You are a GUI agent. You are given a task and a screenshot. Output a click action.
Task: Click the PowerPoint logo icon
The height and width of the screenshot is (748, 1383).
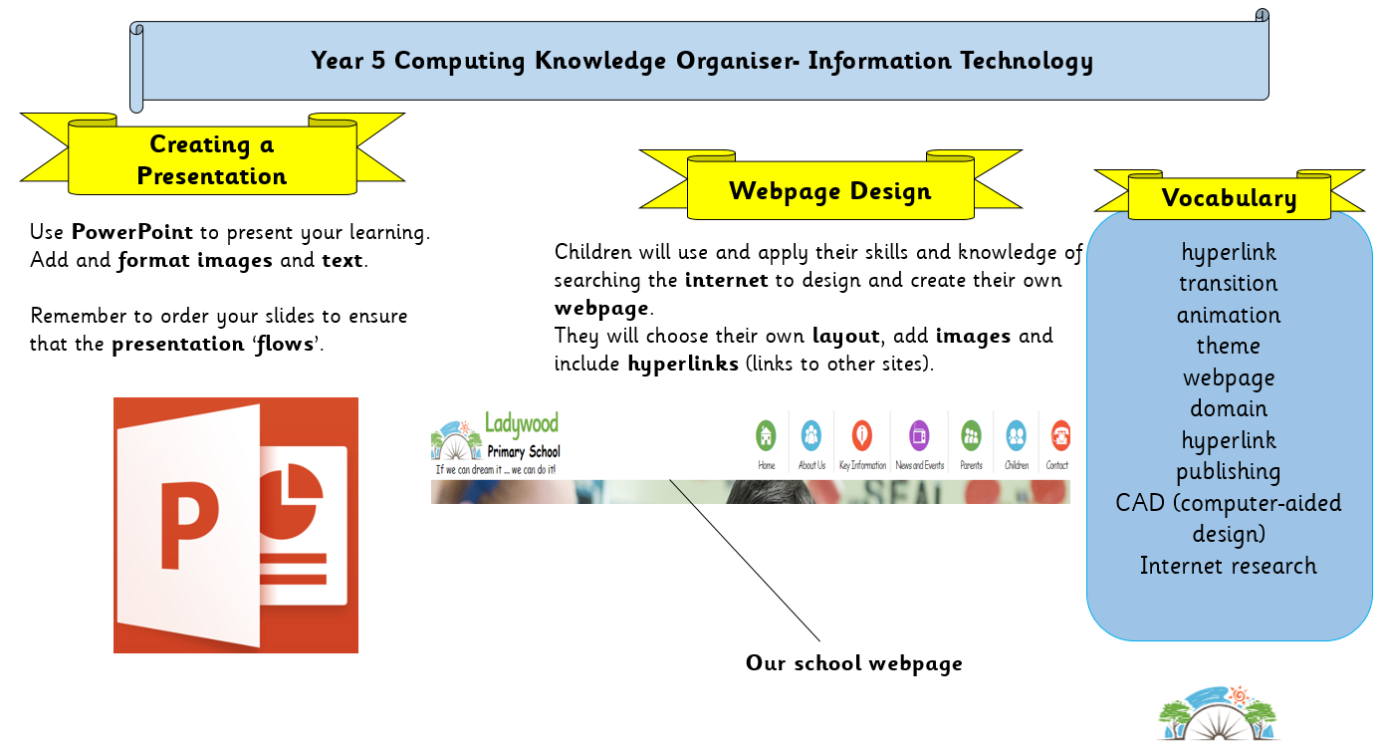click(235, 525)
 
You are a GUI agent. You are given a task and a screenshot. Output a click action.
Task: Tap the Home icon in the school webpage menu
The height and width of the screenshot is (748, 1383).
click(766, 436)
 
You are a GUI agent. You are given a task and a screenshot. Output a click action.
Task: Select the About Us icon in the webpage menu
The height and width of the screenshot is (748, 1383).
click(810, 436)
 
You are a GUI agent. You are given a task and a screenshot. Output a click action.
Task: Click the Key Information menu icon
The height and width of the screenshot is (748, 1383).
click(862, 436)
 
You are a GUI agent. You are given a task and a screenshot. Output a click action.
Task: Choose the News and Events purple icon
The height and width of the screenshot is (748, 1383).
click(919, 436)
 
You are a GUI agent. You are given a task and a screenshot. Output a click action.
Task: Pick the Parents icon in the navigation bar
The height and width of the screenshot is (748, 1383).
click(971, 436)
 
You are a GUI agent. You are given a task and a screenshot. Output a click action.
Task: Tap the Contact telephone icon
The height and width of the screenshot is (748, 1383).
click(1060, 436)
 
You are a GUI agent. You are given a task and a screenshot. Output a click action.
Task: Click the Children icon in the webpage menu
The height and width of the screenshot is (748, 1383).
click(1016, 436)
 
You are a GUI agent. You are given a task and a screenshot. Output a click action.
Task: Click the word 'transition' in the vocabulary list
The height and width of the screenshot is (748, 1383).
click(1228, 284)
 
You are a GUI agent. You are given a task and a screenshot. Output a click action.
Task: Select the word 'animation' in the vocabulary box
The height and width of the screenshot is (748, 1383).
click(1228, 315)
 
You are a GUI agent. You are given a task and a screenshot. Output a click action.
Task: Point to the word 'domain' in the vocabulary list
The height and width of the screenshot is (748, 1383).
click(1229, 408)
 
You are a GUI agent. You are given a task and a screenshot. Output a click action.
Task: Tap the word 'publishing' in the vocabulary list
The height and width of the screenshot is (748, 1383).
click(1228, 472)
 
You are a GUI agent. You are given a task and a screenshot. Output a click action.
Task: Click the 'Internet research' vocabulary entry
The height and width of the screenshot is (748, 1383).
click(1228, 566)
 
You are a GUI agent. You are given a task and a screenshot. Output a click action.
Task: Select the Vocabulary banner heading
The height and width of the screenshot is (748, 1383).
click(1229, 198)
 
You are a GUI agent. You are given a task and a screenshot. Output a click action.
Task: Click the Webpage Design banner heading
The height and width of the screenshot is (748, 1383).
click(829, 191)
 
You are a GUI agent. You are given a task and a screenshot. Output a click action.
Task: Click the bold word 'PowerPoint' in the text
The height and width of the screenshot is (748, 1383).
click(132, 232)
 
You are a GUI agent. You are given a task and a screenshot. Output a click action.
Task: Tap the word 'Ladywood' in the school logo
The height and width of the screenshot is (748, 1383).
click(521, 423)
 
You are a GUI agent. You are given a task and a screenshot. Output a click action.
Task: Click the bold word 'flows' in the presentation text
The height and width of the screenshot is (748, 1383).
click(285, 344)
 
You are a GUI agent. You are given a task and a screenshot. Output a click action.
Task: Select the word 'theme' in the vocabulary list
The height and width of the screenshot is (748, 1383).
click(1228, 346)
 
